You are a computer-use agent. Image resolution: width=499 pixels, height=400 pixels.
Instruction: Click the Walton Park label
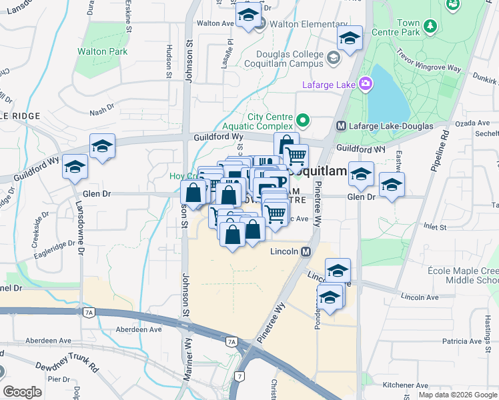102,51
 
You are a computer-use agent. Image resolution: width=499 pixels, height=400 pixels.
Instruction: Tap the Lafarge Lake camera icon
366,83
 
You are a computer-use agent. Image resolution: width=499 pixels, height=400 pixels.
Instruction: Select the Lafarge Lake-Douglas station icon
340,125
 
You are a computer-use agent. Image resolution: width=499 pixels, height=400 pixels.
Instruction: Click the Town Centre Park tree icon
431,27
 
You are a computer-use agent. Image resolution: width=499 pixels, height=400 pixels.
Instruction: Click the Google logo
22,392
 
